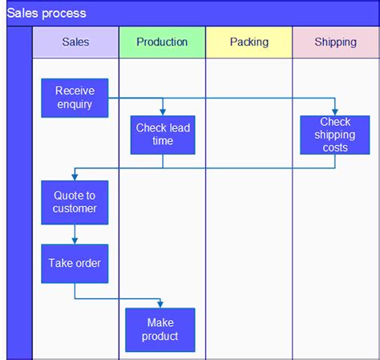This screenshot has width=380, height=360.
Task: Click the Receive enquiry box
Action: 75,98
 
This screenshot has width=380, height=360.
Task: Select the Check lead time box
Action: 163,134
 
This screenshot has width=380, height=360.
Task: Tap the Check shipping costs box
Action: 335,134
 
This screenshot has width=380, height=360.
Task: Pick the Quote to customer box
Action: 75,202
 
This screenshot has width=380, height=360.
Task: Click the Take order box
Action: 75,263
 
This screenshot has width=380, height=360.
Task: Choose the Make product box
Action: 160,330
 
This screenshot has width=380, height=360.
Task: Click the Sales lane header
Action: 75,42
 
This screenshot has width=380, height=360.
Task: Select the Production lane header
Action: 162,42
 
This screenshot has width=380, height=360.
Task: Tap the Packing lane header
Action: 249,42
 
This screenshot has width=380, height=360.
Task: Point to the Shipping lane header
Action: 335,42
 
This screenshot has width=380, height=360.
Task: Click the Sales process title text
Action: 46,14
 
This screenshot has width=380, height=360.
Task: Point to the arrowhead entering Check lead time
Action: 163,112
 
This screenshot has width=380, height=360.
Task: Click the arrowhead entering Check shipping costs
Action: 335,112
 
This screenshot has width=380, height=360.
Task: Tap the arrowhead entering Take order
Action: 75,241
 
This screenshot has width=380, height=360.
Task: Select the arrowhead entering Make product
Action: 160,304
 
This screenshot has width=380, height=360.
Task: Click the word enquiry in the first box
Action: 75,104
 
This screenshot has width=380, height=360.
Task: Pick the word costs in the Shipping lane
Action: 335,148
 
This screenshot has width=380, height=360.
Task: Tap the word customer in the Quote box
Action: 75,208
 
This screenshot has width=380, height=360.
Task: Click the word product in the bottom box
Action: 160,336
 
